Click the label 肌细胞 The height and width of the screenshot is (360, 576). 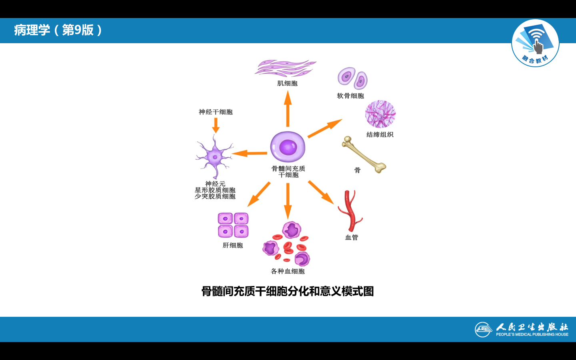tap(287, 83)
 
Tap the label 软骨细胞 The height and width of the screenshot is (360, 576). tap(350, 96)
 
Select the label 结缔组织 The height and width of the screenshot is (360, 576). tap(380, 134)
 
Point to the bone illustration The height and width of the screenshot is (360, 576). tap(363, 155)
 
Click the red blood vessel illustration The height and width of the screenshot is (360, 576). tap(350, 211)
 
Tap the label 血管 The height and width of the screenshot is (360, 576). tap(352, 237)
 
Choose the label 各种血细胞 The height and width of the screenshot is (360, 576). tap(288, 271)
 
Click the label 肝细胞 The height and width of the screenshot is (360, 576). tap(233, 245)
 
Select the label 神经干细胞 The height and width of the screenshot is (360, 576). tap(216, 112)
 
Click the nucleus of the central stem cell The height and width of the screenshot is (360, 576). tap(288, 147)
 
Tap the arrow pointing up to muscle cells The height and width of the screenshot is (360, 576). tap(288, 109)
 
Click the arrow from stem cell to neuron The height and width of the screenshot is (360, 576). tap(250, 153)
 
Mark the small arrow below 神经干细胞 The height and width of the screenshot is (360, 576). tap(216, 125)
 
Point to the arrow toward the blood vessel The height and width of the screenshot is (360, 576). tap(321, 192)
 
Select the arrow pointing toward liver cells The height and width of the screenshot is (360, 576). tap(259, 194)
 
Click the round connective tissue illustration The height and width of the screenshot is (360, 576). tap(380, 114)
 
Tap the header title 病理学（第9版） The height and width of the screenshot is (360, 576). tap(58, 30)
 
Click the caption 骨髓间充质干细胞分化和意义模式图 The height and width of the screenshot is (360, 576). tap(288, 291)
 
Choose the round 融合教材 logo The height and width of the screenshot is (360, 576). tap(535, 43)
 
